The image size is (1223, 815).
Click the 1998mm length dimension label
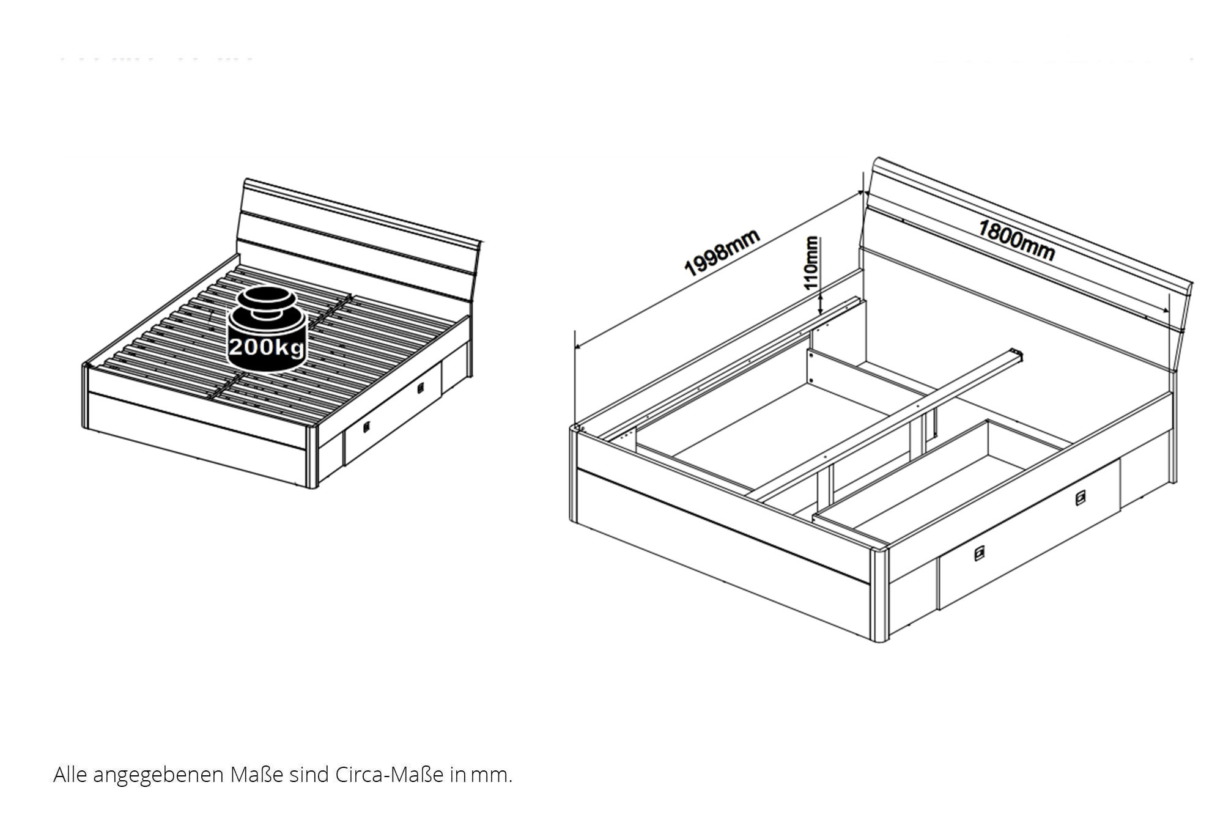(x=722, y=253)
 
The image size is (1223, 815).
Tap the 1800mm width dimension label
(x=1016, y=240)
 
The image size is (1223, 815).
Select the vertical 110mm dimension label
(x=811, y=263)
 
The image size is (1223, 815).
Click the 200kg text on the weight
(x=266, y=347)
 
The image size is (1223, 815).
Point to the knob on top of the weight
(x=267, y=298)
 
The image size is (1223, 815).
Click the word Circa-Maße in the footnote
(x=390, y=775)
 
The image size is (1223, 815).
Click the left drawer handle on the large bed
(x=979, y=554)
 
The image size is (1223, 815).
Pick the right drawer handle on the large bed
(x=1081, y=499)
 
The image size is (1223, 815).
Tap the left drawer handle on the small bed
(x=366, y=427)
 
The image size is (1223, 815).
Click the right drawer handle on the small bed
(x=421, y=388)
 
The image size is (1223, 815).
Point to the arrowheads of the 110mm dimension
(x=821, y=304)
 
